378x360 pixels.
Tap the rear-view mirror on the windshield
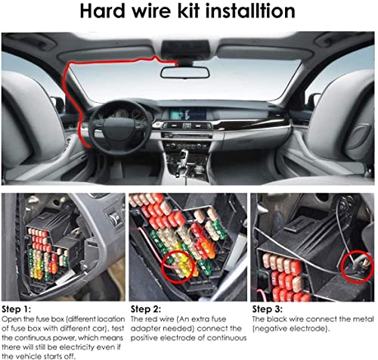[x=184, y=72]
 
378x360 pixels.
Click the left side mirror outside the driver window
[x=57, y=104]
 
